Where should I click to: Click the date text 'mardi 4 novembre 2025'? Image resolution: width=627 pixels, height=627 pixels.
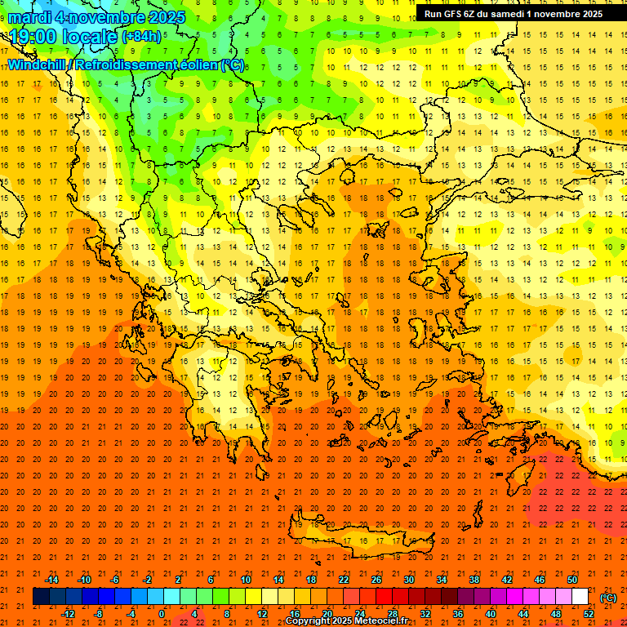pyautogui.click(x=97, y=17)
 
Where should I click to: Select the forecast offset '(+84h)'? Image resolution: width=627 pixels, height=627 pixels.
pyautogui.click(x=142, y=37)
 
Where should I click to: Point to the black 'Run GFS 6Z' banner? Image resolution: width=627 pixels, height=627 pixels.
pyautogui.click(x=513, y=13)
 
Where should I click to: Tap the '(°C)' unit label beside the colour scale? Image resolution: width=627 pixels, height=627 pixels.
pyautogui.click(x=608, y=598)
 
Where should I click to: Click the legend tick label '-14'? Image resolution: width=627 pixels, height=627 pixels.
pyautogui.click(x=51, y=580)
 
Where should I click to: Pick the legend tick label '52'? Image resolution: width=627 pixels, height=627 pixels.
pyautogui.click(x=589, y=614)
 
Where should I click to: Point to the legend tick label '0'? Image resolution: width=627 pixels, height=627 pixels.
pyautogui.click(x=162, y=614)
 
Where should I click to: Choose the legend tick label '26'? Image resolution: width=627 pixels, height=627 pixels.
pyautogui.click(x=377, y=580)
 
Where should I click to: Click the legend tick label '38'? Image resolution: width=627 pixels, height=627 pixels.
pyautogui.click(x=474, y=580)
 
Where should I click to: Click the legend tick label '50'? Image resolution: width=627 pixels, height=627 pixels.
pyautogui.click(x=573, y=580)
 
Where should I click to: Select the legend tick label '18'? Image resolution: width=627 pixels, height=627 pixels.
pyautogui.click(x=311, y=580)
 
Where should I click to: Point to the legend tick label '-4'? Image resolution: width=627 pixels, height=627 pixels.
pyautogui.click(x=131, y=614)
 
